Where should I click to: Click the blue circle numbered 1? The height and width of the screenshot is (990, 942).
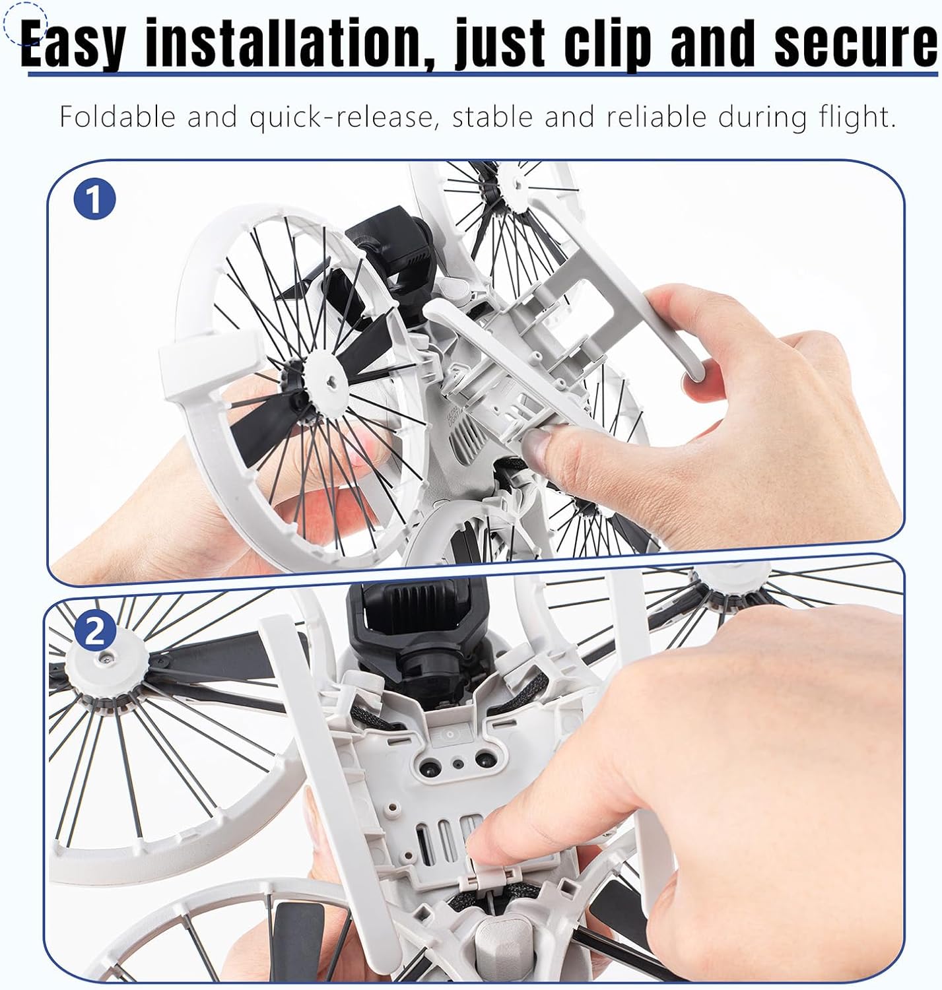coord(94,199)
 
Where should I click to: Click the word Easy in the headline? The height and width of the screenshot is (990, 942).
coord(73,44)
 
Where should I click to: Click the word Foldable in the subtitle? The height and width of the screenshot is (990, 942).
coord(118,117)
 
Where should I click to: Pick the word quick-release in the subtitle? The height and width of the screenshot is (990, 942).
coord(341,118)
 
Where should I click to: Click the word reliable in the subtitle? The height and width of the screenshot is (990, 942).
coord(656,117)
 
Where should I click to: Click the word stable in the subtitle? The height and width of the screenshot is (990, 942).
coord(492,117)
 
